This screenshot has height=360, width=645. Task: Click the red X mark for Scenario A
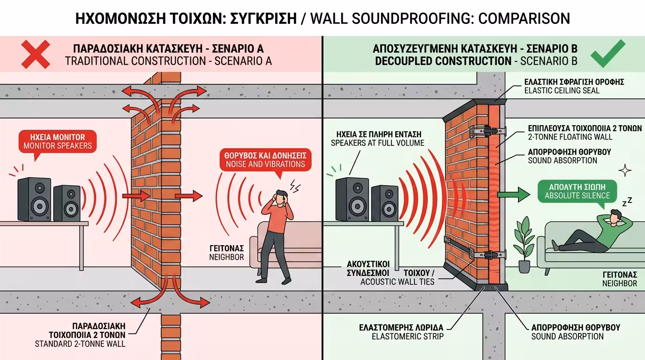(36, 54)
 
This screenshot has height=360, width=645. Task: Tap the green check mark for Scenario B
(607, 54)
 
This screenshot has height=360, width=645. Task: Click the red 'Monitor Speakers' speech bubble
(57, 142)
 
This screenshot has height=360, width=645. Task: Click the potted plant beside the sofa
(524, 244)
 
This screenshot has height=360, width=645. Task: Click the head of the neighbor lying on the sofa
(615, 217)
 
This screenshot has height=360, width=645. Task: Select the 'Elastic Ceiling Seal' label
(574, 86)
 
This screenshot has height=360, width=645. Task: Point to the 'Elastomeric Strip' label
(401, 331)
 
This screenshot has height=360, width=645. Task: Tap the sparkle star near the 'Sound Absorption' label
(624, 170)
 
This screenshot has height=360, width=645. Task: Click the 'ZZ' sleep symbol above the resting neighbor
(627, 202)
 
